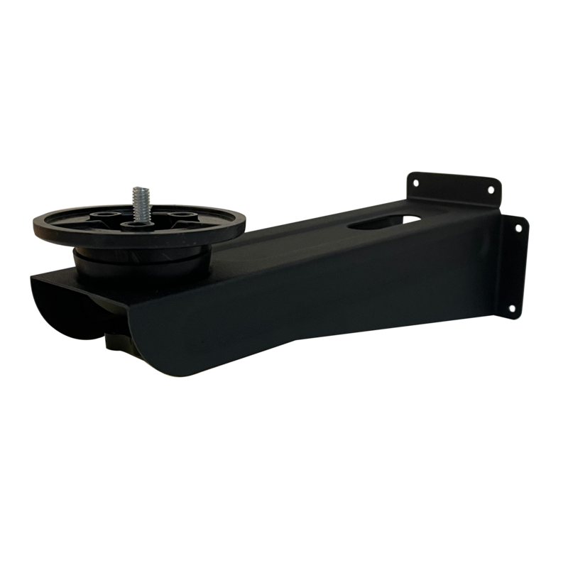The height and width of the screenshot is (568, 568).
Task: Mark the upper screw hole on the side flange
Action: click(x=518, y=229)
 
